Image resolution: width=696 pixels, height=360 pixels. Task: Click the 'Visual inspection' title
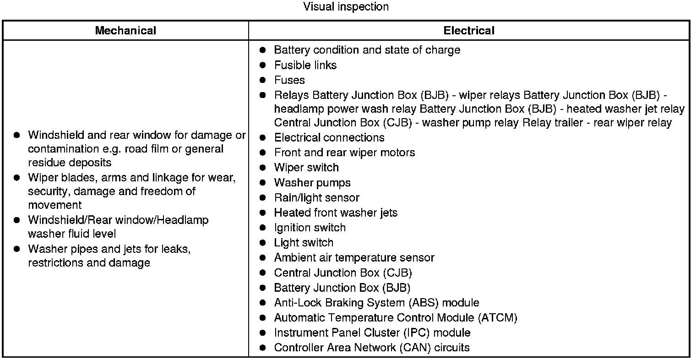pos(346,7)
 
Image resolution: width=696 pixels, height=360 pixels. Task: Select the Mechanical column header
pos(125,31)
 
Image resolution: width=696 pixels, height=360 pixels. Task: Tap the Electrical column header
pos(469,31)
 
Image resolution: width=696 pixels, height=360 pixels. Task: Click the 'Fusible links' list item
pos(305,65)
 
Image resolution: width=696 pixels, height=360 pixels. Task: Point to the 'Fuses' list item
pos(289,80)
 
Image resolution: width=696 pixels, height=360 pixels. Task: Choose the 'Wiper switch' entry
pos(306,167)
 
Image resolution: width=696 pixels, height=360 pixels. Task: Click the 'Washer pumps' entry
pos(312,182)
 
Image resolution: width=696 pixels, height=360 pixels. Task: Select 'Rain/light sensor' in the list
pos(316,197)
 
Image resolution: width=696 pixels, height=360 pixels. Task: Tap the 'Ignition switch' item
pos(310,228)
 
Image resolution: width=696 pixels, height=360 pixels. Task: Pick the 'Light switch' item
pos(304,242)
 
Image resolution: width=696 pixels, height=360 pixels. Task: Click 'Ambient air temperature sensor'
pos(354,257)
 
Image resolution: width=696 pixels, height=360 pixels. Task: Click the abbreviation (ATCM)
pos(497,317)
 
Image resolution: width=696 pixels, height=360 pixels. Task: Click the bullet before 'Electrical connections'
pos(262,137)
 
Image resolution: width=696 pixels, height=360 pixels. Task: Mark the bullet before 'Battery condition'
pos(262,49)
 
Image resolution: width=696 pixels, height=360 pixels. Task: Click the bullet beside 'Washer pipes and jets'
pos(17,249)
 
